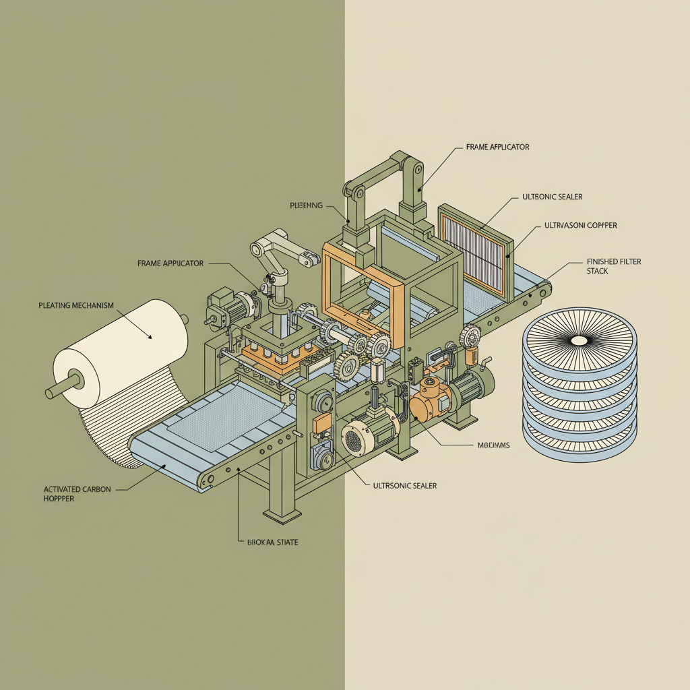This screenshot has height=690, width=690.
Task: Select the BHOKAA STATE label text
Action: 270,541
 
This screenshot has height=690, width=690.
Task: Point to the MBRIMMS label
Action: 493,445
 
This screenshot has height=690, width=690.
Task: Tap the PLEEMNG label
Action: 307,204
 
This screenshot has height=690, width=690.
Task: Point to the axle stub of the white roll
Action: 54,391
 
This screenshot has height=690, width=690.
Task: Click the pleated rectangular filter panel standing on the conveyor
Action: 475,249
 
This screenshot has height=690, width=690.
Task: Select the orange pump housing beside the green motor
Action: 426,398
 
